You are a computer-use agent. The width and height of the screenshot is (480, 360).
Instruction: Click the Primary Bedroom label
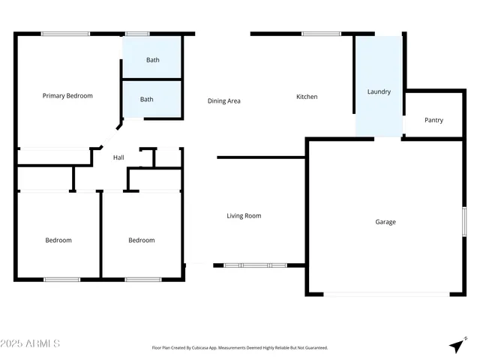67,96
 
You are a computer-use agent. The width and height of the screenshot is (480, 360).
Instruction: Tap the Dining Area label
223,100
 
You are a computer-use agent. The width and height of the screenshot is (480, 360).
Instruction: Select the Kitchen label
307,97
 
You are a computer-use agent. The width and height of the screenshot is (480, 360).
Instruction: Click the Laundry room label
379,92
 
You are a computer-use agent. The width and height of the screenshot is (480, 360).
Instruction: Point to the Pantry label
433,120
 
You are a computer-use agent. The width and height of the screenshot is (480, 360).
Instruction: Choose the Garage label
385,222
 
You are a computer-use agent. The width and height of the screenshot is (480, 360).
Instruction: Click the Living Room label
244,216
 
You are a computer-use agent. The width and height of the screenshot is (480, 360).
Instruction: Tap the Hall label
118,157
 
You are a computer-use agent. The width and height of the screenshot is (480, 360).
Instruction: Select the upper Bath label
152,60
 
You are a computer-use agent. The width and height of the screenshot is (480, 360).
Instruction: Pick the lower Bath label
146,99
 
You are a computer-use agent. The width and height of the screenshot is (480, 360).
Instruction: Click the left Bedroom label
58,240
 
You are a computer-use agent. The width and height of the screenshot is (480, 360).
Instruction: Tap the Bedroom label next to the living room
141,240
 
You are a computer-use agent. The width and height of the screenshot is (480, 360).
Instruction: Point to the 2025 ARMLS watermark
31,343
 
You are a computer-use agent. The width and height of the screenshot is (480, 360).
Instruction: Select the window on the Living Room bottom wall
255,265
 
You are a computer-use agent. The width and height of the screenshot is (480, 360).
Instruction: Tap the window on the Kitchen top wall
321,33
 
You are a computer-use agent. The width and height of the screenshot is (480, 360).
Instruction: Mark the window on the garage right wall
464,223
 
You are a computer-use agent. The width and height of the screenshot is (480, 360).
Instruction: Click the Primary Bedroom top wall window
65,33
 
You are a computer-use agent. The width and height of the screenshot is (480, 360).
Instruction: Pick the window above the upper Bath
136,33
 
